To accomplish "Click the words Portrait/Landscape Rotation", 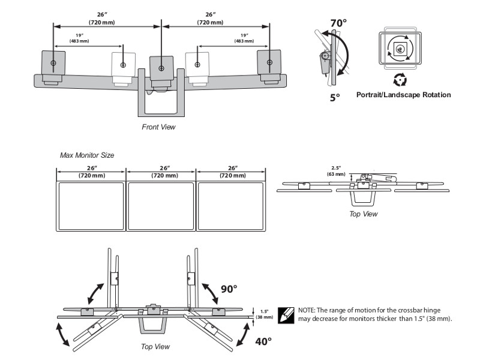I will tap(403, 95).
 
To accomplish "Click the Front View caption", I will tap(158, 127).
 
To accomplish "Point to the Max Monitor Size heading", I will tap(87, 155).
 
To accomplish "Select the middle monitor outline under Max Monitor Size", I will tap(161, 207).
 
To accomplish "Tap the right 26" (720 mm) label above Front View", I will tap(210, 19).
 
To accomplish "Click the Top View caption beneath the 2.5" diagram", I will tap(364, 214).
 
